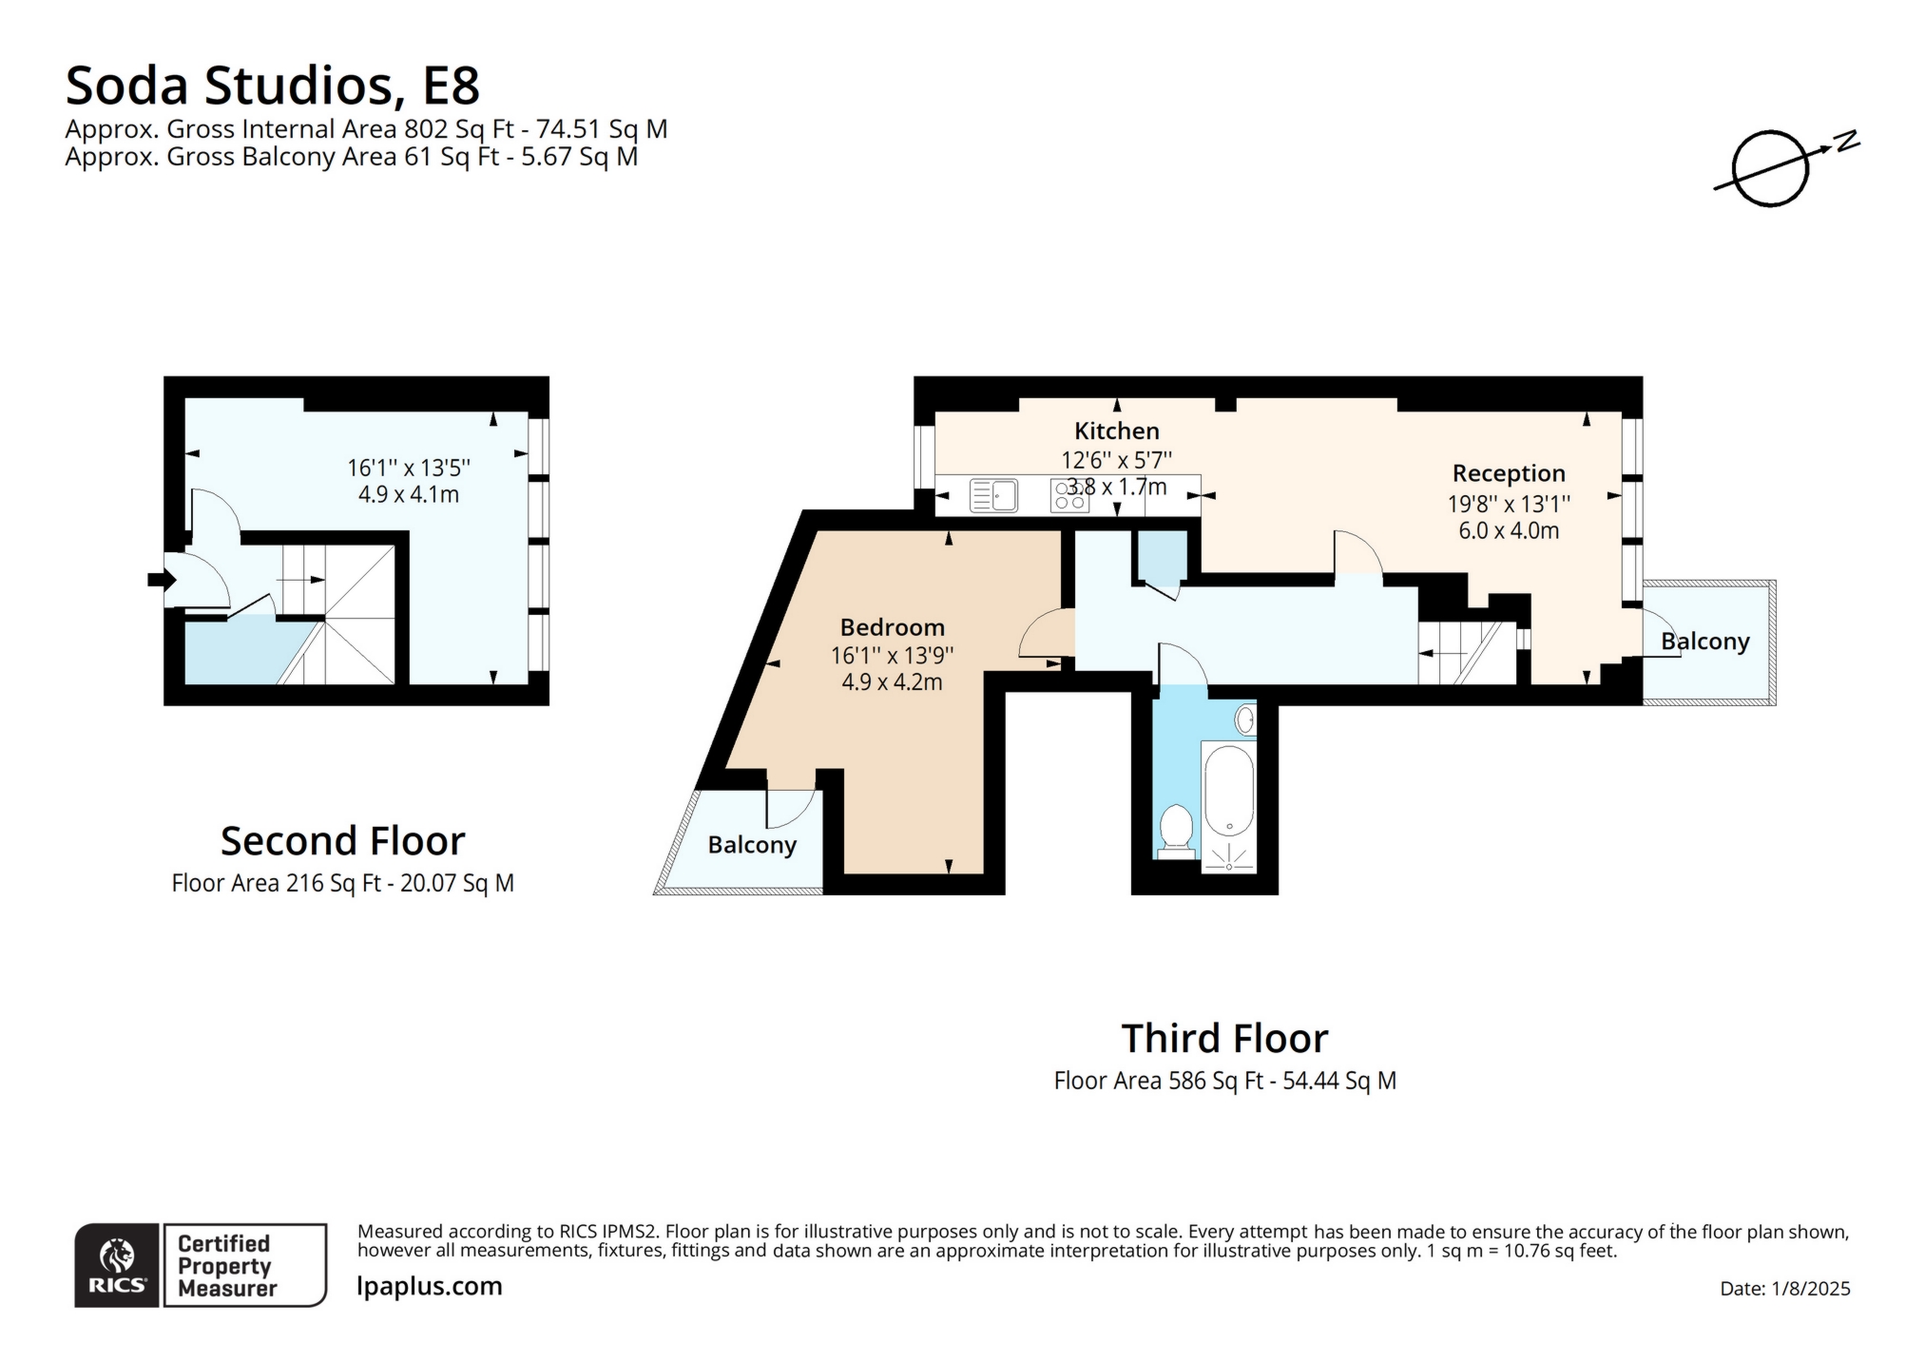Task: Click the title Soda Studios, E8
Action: click(x=272, y=86)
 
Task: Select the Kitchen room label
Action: click(x=1116, y=431)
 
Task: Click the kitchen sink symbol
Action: click(x=993, y=495)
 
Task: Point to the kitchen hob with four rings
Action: click(x=1068, y=495)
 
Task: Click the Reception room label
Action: click(x=1508, y=472)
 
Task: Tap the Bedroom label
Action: click(x=892, y=627)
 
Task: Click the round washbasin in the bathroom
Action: click(x=1244, y=719)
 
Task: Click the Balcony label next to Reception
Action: click(x=1704, y=642)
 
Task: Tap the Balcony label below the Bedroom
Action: click(x=751, y=845)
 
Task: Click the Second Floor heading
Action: click(x=342, y=841)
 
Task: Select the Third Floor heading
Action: click(x=1224, y=1038)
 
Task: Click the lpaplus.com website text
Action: click(x=429, y=1286)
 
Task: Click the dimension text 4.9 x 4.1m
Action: click(x=408, y=494)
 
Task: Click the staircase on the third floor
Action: click(x=1464, y=652)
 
